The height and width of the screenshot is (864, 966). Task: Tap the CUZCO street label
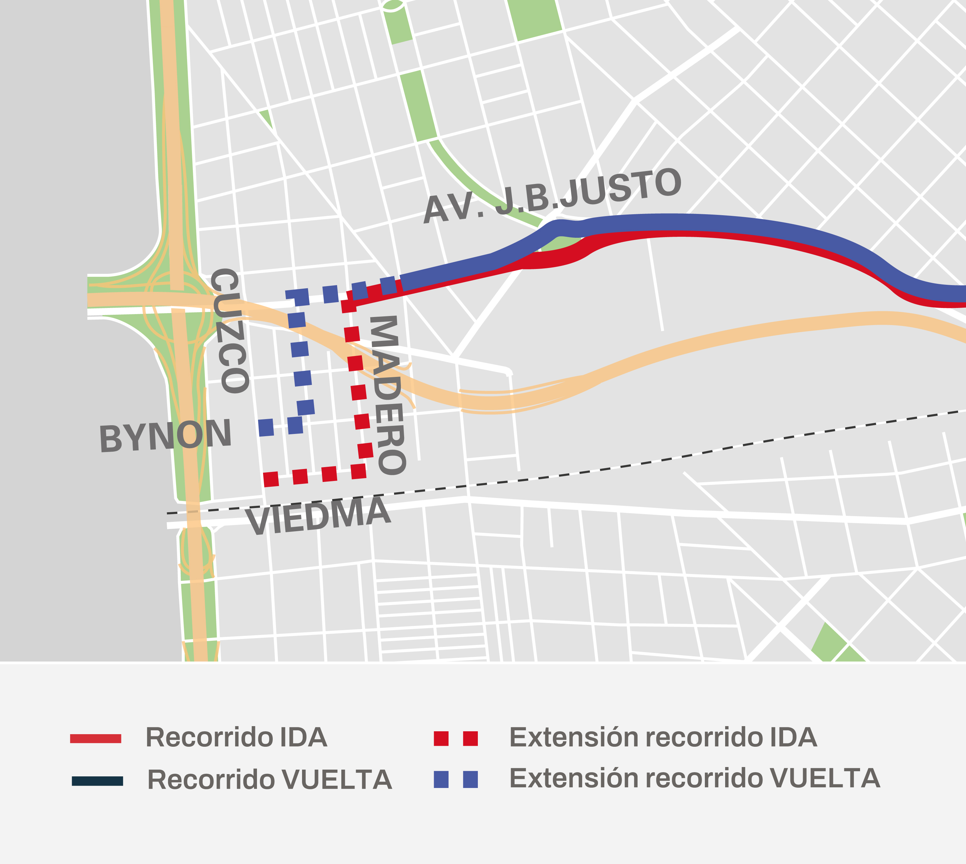pyautogui.click(x=230, y=331)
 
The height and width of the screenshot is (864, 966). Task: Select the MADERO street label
pyautogui.click(x=387, y=395)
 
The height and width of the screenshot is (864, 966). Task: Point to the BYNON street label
pyautogui.click(x=166, y=436)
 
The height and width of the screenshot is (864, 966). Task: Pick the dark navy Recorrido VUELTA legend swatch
pyautogui.click(x=97, y=781)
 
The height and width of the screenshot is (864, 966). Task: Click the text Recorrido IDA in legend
pyautogui.click(x=236, y=737)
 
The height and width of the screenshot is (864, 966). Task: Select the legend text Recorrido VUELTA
pyautogui.click(x=270, y=780)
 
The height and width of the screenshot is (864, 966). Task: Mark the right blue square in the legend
pyautogui.click(x=470, y=780)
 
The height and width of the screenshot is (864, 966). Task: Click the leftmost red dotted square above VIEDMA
pyautogui.click(x=271, y=479)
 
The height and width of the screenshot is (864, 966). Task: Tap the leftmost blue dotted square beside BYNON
pyautogui.click(x=266, y=427)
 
